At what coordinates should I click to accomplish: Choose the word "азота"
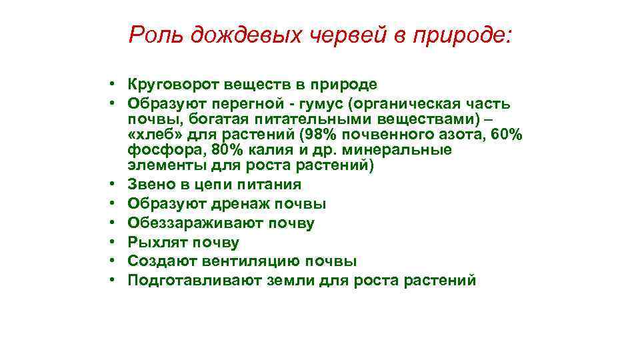(460, 135)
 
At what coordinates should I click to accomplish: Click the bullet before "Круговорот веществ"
(115, 85)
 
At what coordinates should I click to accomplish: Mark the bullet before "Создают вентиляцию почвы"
(115, 261)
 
